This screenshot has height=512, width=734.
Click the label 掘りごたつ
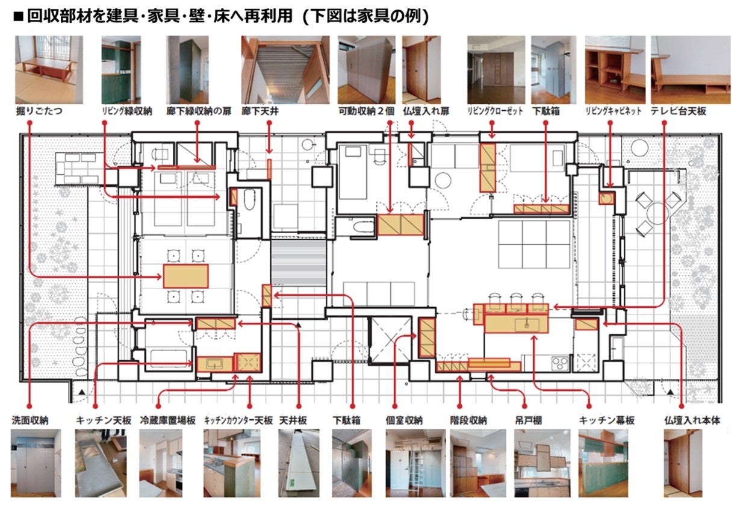(39, 112)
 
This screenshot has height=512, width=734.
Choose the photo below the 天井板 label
(299, 463)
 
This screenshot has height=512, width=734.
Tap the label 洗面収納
(30, 420)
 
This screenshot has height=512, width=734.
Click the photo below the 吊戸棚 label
(541, 463)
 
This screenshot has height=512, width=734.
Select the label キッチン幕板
(606, 420)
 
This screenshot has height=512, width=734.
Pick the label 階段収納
(468, 420)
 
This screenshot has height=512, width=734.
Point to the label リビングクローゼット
(495, 112)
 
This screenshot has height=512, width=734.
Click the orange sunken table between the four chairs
(185, 276)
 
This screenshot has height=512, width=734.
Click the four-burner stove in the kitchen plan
(560, 363)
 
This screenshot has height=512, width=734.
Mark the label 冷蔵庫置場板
(167, 420)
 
